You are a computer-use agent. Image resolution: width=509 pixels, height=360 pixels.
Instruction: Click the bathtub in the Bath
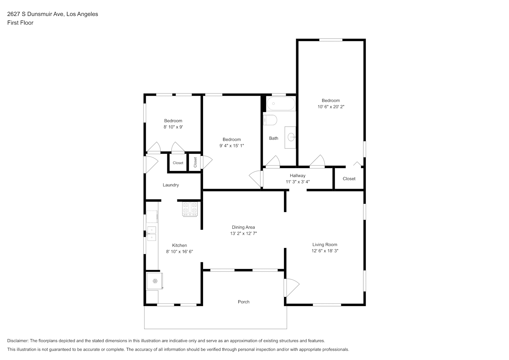[281, 104]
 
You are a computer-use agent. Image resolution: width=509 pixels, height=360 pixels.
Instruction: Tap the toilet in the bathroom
[270, 120]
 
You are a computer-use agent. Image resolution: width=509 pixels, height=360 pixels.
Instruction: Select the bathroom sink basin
[292, 137]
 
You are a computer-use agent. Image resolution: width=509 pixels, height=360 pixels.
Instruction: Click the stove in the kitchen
[190, 209]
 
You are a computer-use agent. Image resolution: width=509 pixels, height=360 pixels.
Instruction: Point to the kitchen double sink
[152, 234]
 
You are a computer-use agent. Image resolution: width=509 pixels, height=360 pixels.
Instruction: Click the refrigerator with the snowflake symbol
[155, 281]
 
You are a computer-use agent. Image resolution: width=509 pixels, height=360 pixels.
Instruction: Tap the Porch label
[244, 302]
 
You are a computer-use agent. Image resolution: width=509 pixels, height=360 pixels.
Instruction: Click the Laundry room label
[171, 185]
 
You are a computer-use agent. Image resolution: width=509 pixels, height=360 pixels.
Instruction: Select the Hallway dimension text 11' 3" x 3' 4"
[298, 182]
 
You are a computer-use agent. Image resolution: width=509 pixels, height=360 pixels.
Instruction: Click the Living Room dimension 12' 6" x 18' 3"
[325, 251]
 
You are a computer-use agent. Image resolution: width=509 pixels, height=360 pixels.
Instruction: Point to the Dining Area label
[243, 227]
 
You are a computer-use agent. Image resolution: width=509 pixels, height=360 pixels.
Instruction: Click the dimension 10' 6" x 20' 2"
[331, 107]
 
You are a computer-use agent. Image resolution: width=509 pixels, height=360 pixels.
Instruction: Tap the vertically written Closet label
[195, 162]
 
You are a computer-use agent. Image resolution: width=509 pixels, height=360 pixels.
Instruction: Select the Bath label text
[274, 138]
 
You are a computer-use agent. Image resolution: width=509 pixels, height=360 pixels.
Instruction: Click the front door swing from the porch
[292, 288]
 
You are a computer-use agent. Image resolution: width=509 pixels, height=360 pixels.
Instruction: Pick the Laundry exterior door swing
[150, 165]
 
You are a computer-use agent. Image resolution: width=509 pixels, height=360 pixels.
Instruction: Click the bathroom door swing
[273, 162]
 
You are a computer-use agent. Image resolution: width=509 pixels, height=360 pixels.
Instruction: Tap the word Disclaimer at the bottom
[18, 341]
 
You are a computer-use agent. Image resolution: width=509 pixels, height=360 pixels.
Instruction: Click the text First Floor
[20, 23]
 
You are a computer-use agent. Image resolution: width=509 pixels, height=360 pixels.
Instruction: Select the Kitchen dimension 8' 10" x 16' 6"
[180, 251]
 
